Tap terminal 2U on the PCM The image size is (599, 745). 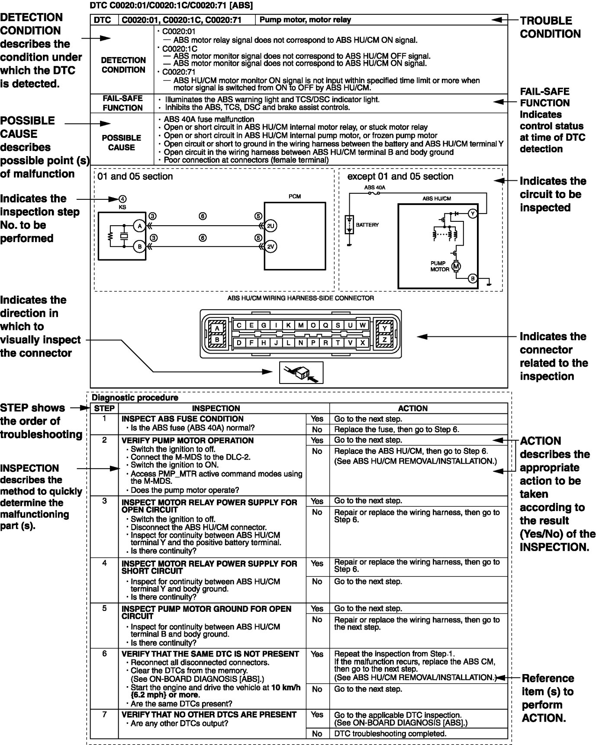click(x=271, y=226)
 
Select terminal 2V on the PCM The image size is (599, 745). click(x=271, y=246)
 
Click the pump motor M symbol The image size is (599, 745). click(x=456, y=266)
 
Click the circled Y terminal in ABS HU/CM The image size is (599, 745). click(x=472, y=214)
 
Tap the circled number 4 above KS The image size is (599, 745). click(x=123, y=199)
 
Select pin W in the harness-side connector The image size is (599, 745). click(x=362, y=325)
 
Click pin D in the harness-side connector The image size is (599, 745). click(x=239, y=342)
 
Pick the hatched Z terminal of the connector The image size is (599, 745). click(x=384, y=340)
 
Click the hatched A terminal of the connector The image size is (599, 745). click(x=217, y=328)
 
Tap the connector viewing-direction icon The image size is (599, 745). click(x=301, y=372)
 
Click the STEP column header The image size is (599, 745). click(x=104, y=408)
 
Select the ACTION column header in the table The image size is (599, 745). click(x=412, y=408)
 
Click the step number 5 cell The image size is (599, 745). click(x=104, y=608)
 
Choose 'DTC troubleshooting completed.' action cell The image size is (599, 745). click(x=390, y=733)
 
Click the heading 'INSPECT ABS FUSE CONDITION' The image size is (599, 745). click(x=183, y=419)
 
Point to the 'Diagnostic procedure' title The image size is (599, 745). click(x=135, y=397)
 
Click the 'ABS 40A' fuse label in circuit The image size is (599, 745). click(x=374, y=188)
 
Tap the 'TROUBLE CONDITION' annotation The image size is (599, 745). click(x=550, y=27)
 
